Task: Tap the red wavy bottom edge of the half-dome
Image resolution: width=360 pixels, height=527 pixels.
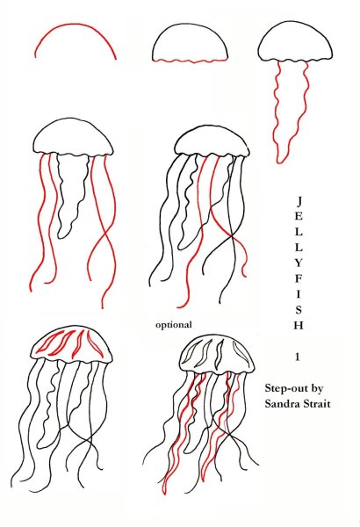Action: click(x=190, y=61)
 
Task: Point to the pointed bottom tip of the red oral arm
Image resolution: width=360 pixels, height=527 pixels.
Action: click(x=278, y=162)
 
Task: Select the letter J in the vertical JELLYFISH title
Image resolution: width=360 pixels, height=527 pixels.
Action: click(x=299, y=201)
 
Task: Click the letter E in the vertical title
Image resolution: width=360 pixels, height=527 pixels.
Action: click(x=299, y=216)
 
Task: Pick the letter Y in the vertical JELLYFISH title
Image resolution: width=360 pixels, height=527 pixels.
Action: click(x=299, y=263)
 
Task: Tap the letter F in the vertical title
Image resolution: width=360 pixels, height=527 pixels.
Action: click(x=299, y=278)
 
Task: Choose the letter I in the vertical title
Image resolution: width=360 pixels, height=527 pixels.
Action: click(x=299, y=294)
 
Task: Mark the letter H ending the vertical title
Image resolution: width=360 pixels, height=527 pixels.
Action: click(x=299, y=325)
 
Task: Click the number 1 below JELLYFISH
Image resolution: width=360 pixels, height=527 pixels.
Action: click(x=298, y=357)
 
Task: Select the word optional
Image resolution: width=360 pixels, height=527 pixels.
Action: click(x=174, y=325)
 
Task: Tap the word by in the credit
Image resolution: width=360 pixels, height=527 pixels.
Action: click(x=317, y=389)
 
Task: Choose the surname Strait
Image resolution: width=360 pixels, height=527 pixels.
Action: click(x=315, y=403)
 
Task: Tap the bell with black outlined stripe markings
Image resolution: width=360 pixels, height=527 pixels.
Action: click(x=217, y=355)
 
